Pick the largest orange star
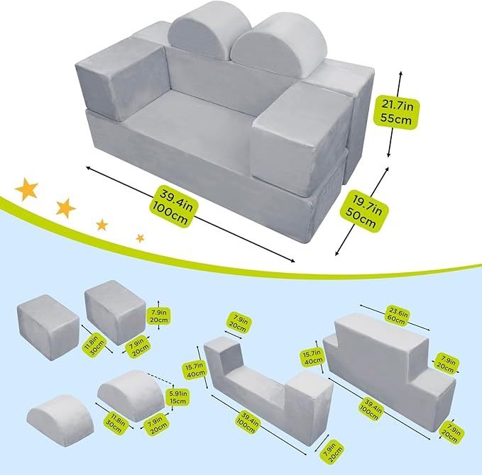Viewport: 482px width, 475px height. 28,189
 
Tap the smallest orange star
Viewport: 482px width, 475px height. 140,236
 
